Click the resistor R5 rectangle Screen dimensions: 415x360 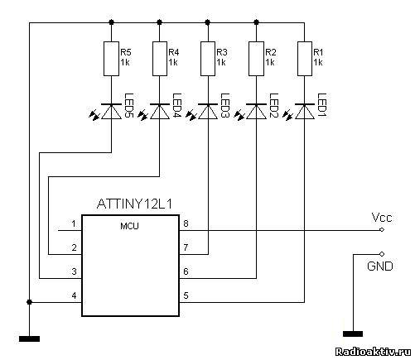[x=111, y=59]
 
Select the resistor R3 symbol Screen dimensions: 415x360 [x=208, y=59]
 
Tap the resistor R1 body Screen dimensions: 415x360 [x=305, y=59]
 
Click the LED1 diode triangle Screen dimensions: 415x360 [x=305, y=112]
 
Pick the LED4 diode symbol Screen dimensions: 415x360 [x=160, y=112]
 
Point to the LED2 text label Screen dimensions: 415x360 [x=274, y=105]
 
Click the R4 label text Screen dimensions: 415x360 [x=174, y=52]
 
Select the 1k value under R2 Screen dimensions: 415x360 [x=270, y=62]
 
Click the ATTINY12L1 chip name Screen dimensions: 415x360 [x=135, y=204]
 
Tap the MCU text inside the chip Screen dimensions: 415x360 [x=129, y=227]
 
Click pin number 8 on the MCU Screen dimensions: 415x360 [x=186, y=223]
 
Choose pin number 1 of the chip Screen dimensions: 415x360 [x=74, y=223]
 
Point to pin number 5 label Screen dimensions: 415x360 [x=186, y=295]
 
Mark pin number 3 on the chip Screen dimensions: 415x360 [x=74, y=271]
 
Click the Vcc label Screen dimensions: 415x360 [x=382, y=218]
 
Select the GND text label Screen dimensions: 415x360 [x=380, y=266]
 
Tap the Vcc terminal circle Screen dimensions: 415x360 [x=382, y=229]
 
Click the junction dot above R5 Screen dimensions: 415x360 [x=111, y=22]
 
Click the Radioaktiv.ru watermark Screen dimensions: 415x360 [x=373, y=352]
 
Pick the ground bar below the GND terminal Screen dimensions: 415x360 [x=353, y=334]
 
